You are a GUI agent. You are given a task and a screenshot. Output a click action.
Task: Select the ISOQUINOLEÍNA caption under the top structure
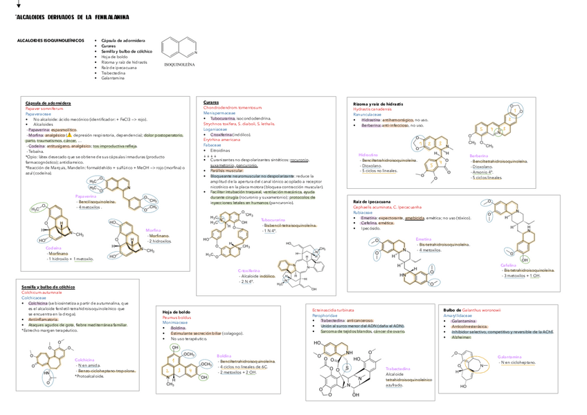coord(179,64)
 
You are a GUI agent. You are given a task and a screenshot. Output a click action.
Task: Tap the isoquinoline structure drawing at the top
coord(180,47)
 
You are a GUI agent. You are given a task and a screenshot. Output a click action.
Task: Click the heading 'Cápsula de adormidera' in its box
coord(48,103)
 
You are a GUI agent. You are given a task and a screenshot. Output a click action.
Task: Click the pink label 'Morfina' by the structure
coord(153,230)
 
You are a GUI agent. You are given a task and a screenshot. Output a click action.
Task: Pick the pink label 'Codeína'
coord(53,248)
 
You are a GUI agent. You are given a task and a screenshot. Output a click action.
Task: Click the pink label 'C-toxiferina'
coord(249,270)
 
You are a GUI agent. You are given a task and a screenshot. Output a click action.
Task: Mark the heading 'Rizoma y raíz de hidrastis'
coord(378,103)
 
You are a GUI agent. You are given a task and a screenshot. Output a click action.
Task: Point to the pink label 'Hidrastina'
coord(368,154)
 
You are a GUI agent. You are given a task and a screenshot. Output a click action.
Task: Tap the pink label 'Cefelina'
coord(509,265)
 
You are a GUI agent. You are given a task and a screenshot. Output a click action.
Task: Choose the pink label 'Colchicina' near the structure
coord(84,360)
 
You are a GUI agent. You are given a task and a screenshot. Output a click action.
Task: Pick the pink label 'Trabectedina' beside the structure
coord(399,369)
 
